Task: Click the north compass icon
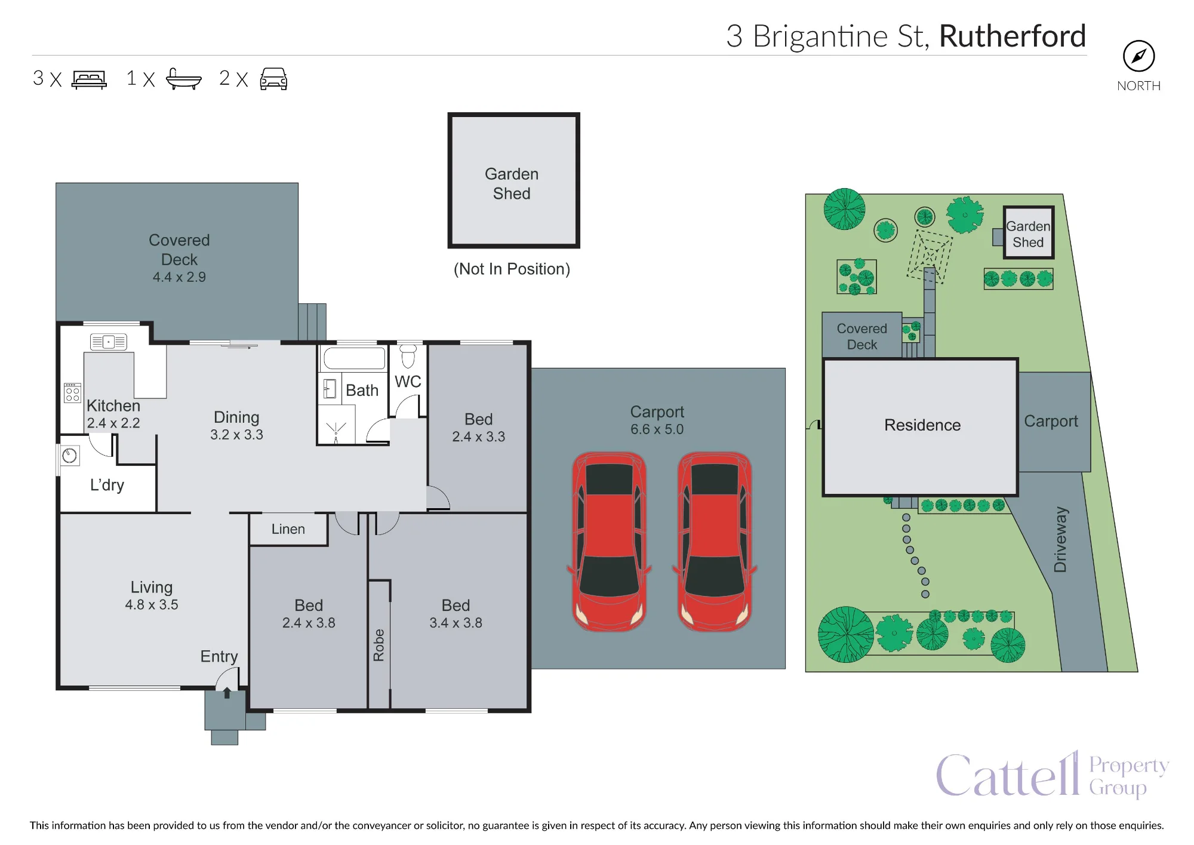click(x=1138, y=56)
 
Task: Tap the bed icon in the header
click(x=89, y=79)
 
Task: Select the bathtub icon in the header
click(x=183, y=79)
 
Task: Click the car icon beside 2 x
click(x=273, y=79)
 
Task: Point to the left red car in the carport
click(x=609, y=541)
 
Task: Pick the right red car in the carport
click(x=715, y=541)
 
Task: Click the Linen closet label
click(x=288, y=529)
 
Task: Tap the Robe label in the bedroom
click(x=378, y=645)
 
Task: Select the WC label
click(x=408, y=382)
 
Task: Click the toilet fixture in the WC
click(x=408, y=355)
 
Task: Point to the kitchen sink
click(x=109, y=342)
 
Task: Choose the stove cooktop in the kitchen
click(x=72, y=393)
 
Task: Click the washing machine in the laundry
click(x=70, y=456)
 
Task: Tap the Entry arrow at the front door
click(x=227, y=693)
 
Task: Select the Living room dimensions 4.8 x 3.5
click(x=152, y=605)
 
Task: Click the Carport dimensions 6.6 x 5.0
click(x=657, y=429)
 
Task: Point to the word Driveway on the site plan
click(x=1060, y=540)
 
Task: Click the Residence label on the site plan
click(x=922, y=425)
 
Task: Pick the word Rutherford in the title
click(x=1013, y=36)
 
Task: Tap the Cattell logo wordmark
click(x=1008, y=775)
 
